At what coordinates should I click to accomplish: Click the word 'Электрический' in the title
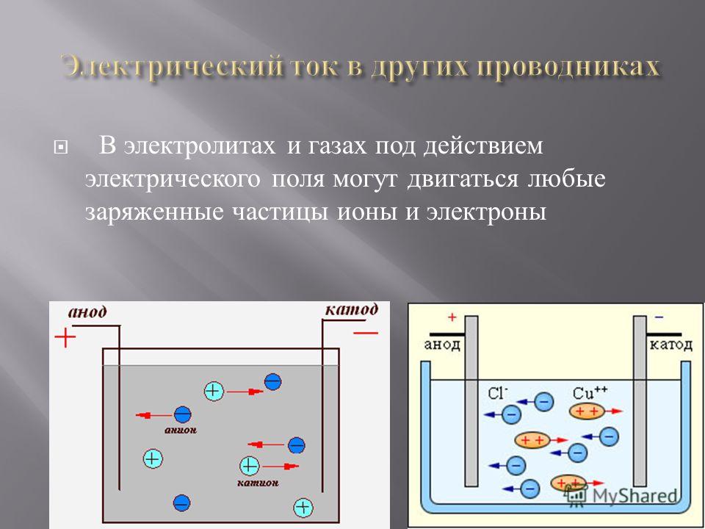(172, 68)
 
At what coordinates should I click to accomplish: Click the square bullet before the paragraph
(59, 148)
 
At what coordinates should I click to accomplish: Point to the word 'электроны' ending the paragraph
(487, 212)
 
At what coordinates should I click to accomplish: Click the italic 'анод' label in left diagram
(87, 312)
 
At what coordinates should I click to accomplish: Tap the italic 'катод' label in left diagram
(351, 310)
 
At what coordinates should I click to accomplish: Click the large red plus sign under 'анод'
(65, 337)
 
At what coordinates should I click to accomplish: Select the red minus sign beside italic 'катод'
(366, 333)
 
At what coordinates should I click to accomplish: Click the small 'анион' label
(181, 430)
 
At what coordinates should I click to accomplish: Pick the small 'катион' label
(258, 483)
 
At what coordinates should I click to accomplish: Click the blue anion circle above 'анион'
(183, 414)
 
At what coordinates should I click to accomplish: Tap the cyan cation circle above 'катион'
(250, 466)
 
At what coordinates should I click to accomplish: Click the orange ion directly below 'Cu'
(587, 411)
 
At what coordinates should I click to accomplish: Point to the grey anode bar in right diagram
(471, 401)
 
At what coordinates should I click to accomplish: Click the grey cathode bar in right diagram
(640, 401)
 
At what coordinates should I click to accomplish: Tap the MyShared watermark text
(634, 496)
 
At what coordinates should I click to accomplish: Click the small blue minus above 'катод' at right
(659, 317)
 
